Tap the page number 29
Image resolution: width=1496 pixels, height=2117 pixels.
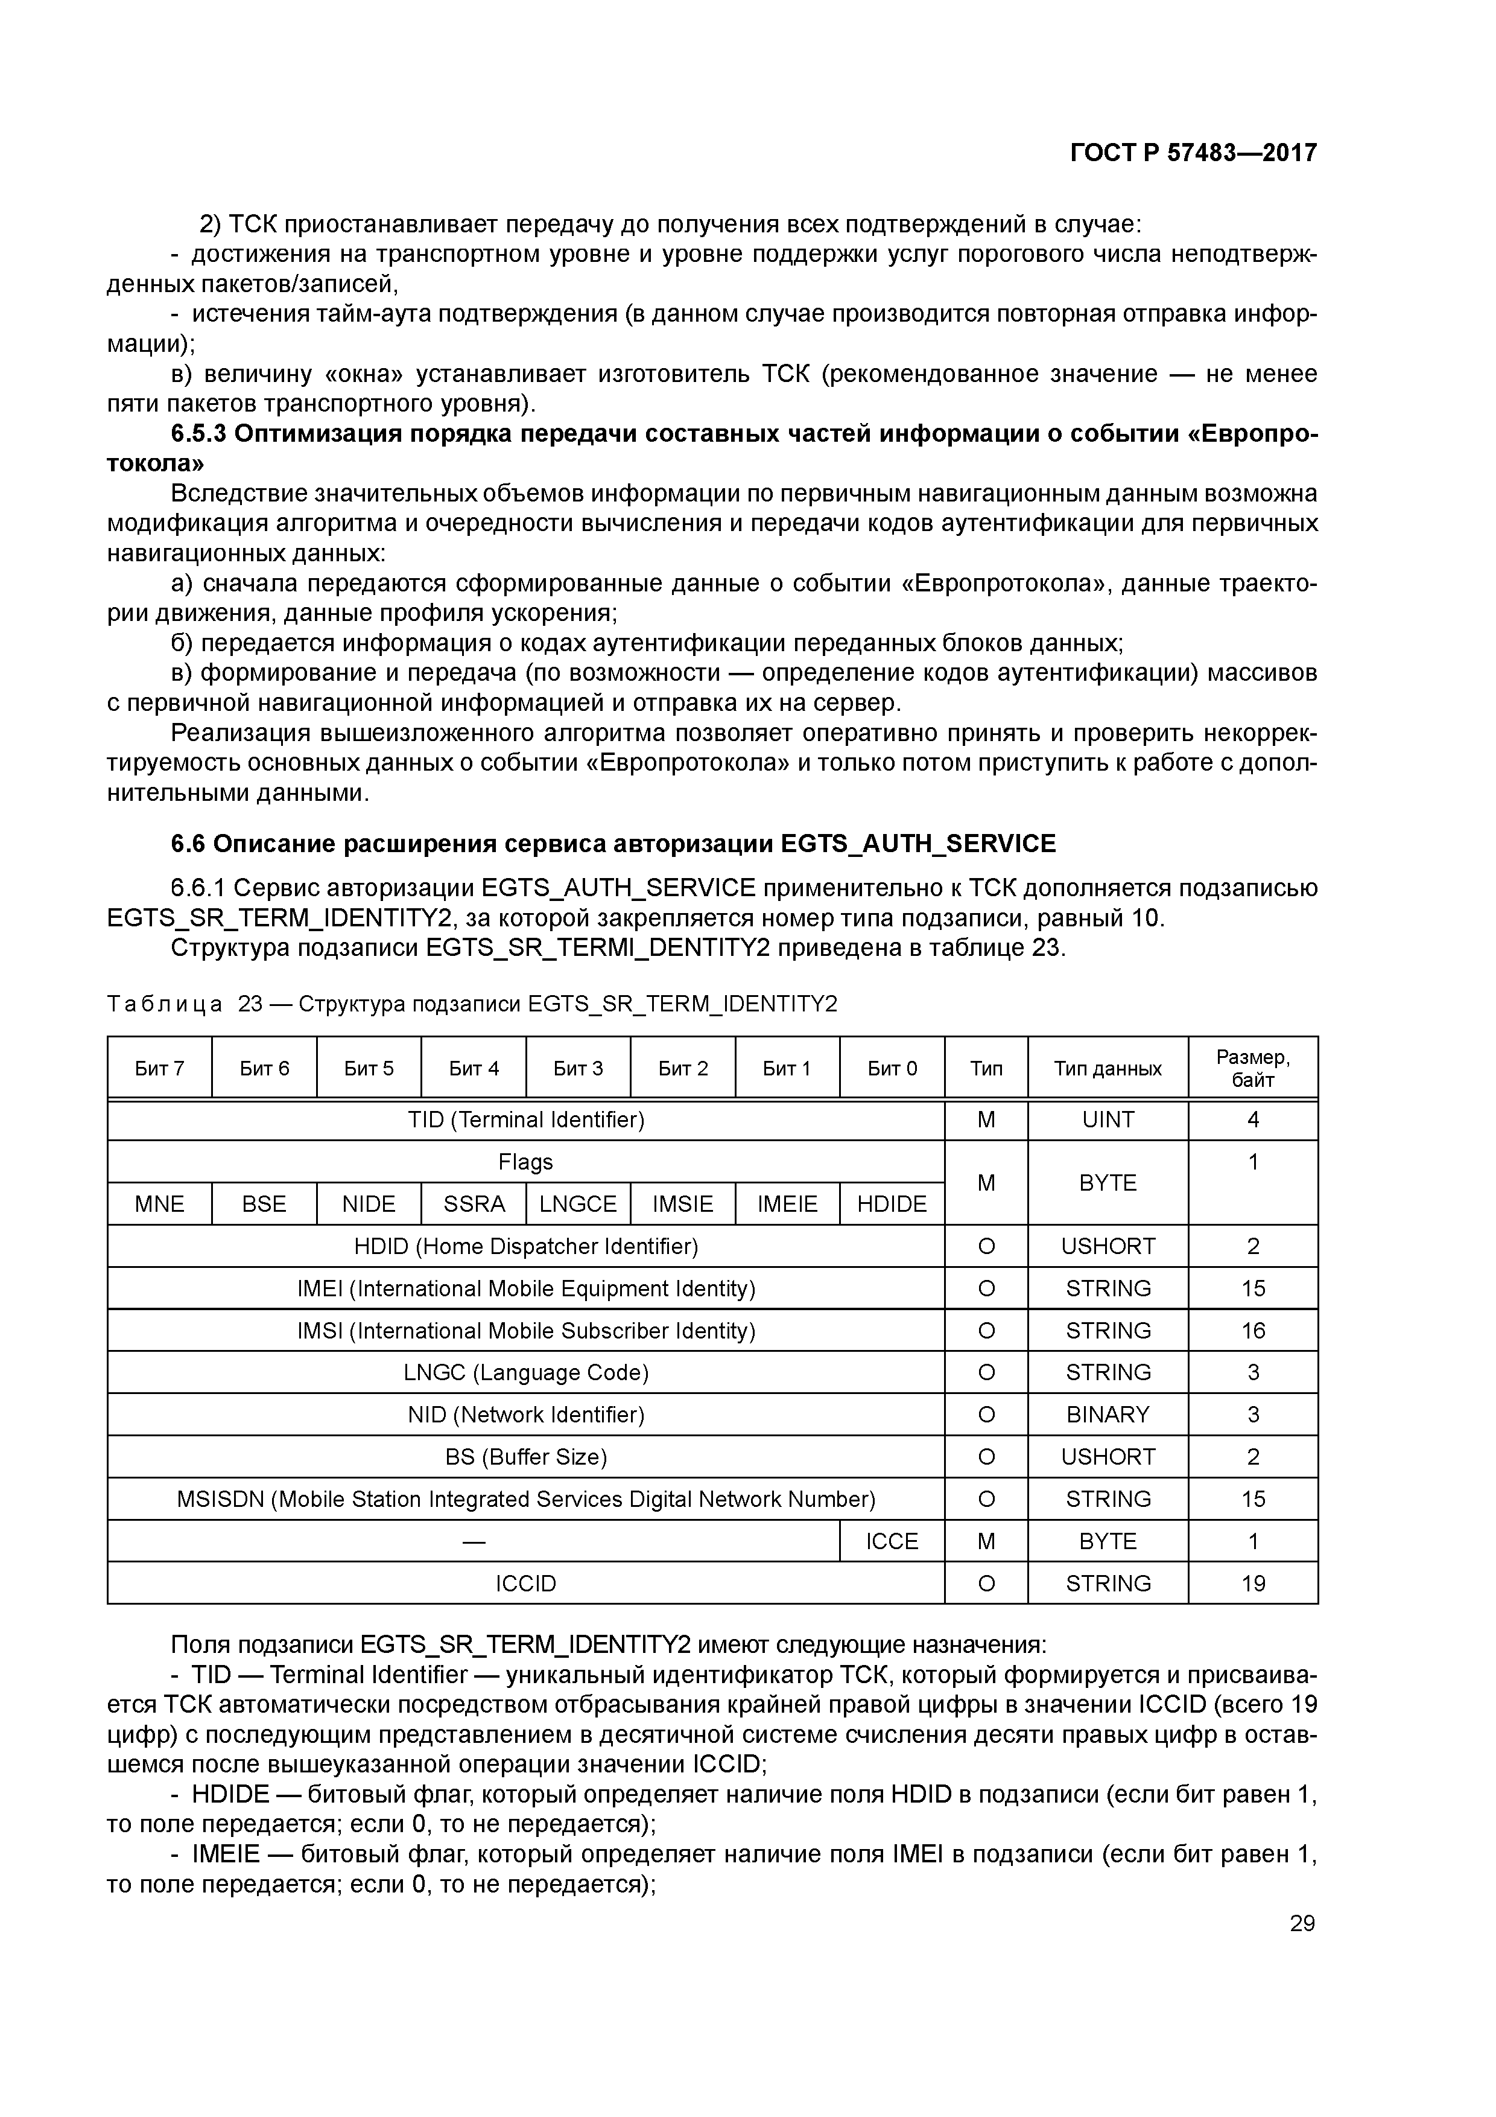(x=1302, y=1923)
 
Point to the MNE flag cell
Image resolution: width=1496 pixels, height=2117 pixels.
(x=159, y=1204)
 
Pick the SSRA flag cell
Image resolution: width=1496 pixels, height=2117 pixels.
(x=474, y=1204)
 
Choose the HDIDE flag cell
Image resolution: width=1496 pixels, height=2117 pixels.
(x=892, y=1204)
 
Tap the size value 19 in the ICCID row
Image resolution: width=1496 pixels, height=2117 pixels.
(x=1253, y=1583)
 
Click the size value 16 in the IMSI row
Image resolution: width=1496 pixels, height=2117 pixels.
(x=1253, y=1331)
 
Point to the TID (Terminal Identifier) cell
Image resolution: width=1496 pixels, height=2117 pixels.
(x=525, y=1120)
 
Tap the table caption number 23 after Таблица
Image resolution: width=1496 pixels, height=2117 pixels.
(x=250, y=1004)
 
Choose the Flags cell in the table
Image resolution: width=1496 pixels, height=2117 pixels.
(x=525, y=1162)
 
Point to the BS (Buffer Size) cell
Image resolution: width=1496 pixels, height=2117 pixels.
(x=525, y=1457)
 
